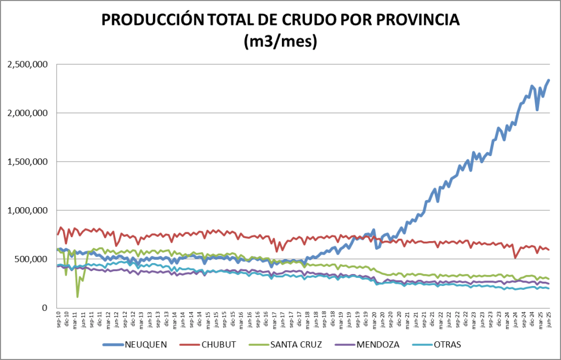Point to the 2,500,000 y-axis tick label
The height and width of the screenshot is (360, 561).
[x=27, y=65]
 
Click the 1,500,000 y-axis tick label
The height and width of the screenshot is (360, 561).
[x=27, y=162]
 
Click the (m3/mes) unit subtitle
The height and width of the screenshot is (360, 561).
[x=280, y=42]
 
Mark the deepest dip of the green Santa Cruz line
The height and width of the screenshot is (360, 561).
[x=77, y=296]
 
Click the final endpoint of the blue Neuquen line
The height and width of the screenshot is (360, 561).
[x=549, y=80]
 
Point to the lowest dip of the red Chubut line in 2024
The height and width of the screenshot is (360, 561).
[x=515, y=257]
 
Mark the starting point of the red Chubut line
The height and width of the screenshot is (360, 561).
[x=58, y=235]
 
